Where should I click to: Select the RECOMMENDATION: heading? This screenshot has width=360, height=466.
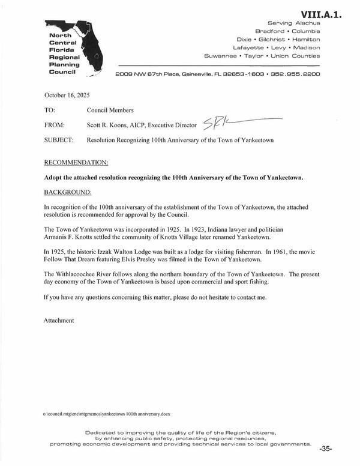(77, 163)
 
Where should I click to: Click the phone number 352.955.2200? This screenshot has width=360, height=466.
(296, 74)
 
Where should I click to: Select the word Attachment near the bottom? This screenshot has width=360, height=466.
(59, 321)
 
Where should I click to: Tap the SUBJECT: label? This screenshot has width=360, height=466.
(58, 139)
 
